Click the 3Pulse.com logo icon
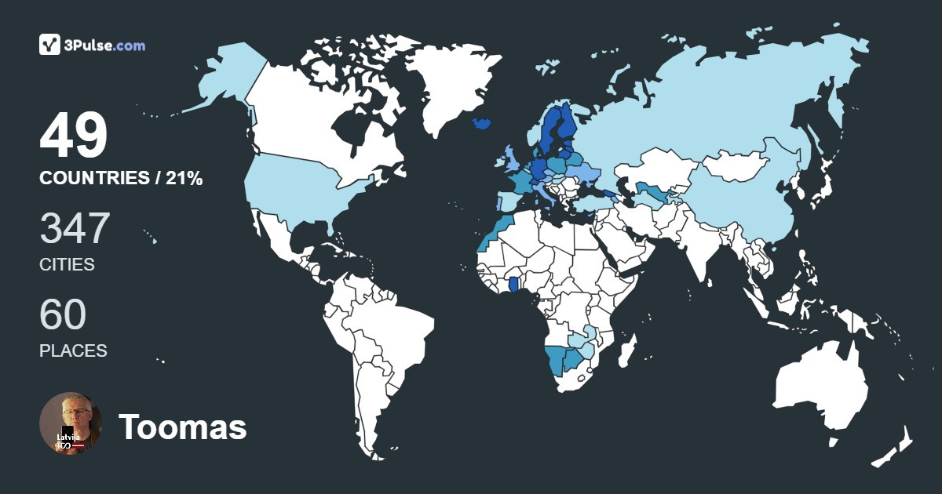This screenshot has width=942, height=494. [49, 45]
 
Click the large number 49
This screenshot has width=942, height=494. [73, 136]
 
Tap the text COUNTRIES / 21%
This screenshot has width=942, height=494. [121, 179]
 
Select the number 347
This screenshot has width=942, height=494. [75, 228]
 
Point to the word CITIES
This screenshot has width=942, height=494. [67, 265]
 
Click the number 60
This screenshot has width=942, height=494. [63, 314]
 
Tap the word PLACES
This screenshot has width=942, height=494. [73, 351]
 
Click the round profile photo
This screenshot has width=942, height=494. [71, 423]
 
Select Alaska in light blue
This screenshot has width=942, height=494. [228, 78]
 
